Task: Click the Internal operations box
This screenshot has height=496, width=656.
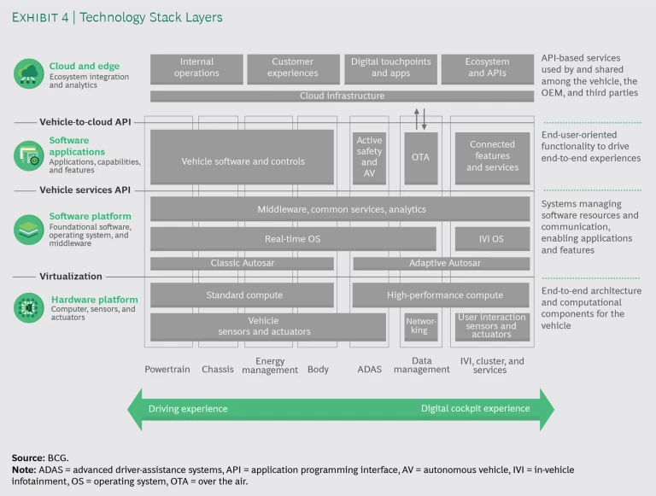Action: click(196, 68)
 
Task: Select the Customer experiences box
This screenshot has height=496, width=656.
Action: click(293, 68)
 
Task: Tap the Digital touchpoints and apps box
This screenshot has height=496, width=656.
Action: click(392, 68)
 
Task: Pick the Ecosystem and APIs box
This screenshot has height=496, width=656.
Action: click(488, 68)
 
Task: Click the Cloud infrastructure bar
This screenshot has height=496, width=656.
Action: click(341, 96)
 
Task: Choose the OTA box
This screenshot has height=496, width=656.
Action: click(420, 157)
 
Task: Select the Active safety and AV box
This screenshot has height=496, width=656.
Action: click(369, 157)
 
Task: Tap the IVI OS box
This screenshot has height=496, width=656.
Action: click(492, 239)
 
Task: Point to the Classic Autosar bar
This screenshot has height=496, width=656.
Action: click(243, 263)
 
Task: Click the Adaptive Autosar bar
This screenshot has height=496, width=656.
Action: click(441, 263)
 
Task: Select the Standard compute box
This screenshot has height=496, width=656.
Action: click(243, 295)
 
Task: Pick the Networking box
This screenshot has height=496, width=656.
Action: click(420, 325)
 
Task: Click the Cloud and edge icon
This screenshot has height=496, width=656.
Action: click(29, 73)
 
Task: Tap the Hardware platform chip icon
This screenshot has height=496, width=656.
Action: click(29, 307)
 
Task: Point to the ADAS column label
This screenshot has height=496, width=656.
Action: click(369, 369)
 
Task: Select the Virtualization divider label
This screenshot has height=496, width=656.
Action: click(71, 277)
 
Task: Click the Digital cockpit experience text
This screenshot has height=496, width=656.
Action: click(475, 409)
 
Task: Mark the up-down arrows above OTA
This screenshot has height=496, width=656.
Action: click(420, 119)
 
